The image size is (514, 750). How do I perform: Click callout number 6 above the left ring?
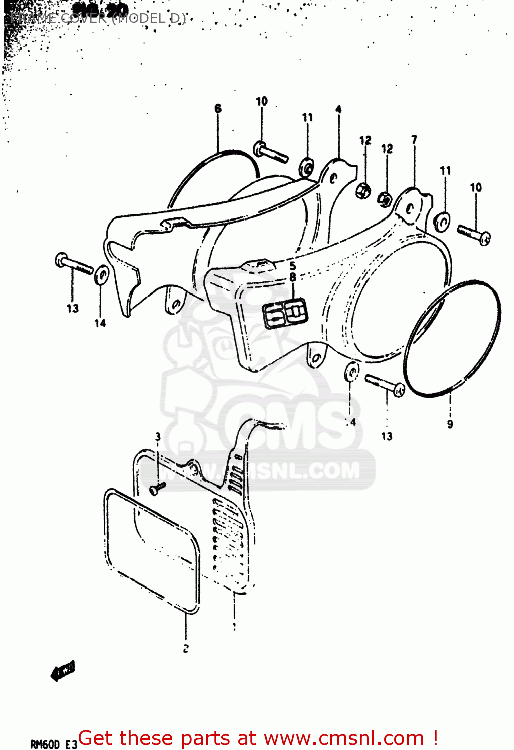(x=218, y=108)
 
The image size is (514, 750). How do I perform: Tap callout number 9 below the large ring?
(x=450, y=424)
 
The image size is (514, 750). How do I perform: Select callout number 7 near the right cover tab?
(x=414, y=140)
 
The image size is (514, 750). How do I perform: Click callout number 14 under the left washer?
(x=100, y=323)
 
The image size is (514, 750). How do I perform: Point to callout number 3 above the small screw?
(x=158, y=437)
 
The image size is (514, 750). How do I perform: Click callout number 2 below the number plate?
(x=186, y=649)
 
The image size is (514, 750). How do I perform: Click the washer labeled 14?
(x=101, y=275)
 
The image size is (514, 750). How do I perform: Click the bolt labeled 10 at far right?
(x=474, y=234)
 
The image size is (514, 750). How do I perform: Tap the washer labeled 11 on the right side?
(x=442, y=222)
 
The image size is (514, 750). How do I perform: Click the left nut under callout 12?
(x=364, y=190)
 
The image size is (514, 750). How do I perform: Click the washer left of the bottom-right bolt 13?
(x=352, y=372)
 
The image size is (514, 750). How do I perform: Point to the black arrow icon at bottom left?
(x=63, y=671)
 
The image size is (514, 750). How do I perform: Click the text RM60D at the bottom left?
(x=45, y=744)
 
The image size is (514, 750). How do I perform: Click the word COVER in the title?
(x=82, y=19)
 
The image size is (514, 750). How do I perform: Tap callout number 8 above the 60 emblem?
(x=292, y=277)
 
